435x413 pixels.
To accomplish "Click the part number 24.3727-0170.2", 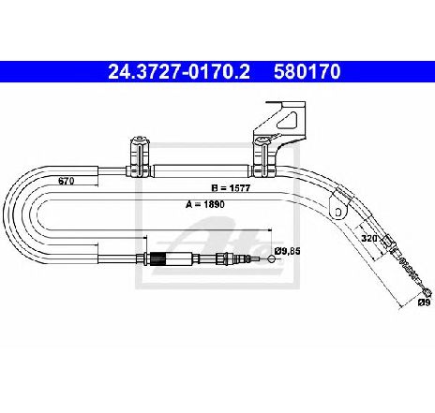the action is (x=179, y=72).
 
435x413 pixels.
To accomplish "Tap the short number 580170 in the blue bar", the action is (x=307, y=72).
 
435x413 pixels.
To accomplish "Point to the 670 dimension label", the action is (x=67, y=181).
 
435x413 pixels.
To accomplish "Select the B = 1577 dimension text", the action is (x=231, y=188).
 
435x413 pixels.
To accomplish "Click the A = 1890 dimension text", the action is (x=205, y=204).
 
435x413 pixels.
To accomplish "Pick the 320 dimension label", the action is (x=369, y=239).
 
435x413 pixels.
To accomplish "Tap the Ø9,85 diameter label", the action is (x=288, y=251).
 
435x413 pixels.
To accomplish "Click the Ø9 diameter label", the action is (x=425, y=302).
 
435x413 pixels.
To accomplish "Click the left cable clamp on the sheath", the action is (x=139, y=157).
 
